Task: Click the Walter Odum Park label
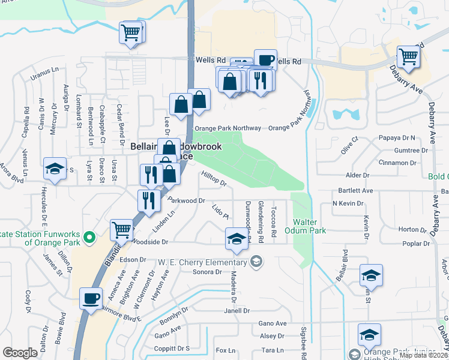[310, 226]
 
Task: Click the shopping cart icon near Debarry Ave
[408, 57]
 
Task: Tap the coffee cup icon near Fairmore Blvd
[91, 298]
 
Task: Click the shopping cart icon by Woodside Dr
[121, 229]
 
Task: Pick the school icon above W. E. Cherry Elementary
[237, 239]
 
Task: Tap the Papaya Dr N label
[398, 137]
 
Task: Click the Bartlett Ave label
[355, 191]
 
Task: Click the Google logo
[20, 353]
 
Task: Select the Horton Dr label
[412, 229]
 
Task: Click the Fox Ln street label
[225, 350]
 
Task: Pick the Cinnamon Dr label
[398, 163]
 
